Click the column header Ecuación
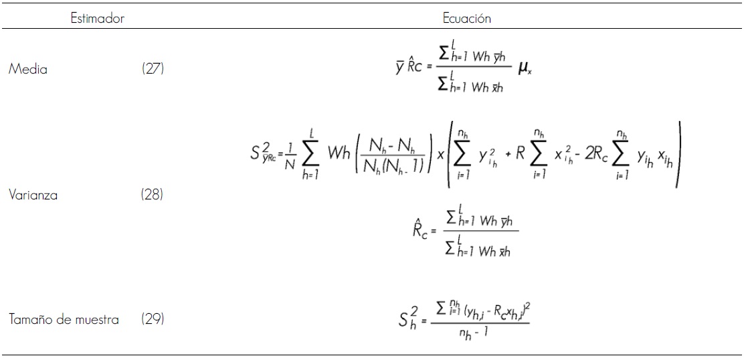pyautogui.click(x=466, y=19)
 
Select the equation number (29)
pyautogui.click(x=155, y=321)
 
